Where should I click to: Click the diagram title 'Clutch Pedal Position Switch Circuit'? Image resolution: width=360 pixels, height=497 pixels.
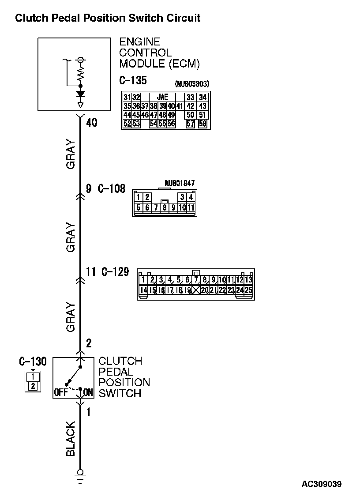pyautogui.click(x=108, y=18)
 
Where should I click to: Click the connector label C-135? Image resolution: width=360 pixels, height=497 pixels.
pyautogui.click(x=133, y=81)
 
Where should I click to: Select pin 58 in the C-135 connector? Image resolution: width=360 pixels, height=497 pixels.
pyautogui.click(x=202, y=124)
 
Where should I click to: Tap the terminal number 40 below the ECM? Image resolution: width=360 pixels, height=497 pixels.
pyautogui.click(x=92, y=123)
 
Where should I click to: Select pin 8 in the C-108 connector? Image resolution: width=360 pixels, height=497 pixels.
pyautogui.click(x=165, y=207)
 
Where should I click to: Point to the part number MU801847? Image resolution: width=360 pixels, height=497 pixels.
pyautogui.click(x=180, y=183)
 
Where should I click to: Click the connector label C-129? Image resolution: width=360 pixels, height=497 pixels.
pyautogui.click(x=115, y=272)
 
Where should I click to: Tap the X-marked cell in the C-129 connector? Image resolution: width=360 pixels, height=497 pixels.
pyautogui.click(x=196, y=290)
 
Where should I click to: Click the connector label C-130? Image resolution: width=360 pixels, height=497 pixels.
pyautogui.click(x=33, y=361)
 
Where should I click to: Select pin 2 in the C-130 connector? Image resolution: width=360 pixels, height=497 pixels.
pyautogui.click(x=32, y=386)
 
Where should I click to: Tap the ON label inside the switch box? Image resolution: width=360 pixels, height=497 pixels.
pyautogui.click(x=88, y=392)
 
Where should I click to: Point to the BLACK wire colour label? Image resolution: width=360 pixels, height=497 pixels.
pyautogui.click(x=71, y=439)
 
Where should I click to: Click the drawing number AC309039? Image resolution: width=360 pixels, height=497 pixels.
pyautogui.click(x=322, y=484)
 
